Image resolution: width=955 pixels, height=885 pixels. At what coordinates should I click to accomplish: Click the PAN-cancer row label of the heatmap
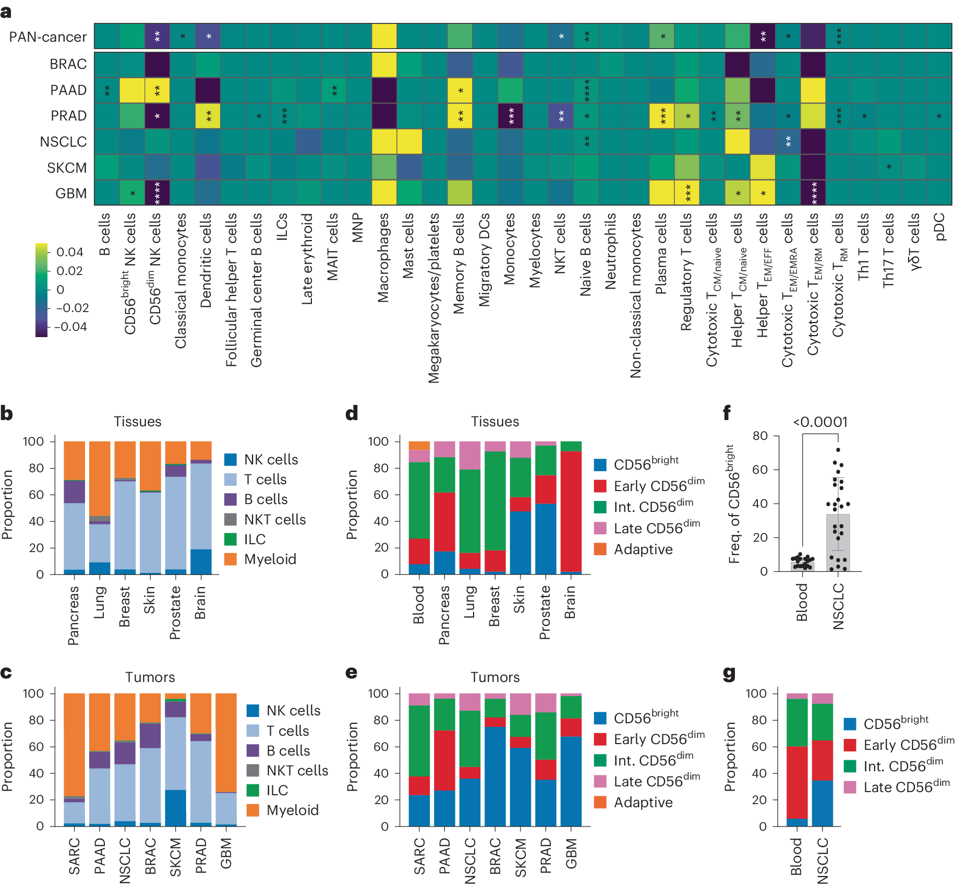[x=47, y=37]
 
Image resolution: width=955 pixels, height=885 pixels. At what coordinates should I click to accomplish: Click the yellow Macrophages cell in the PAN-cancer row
[x=384, y=37]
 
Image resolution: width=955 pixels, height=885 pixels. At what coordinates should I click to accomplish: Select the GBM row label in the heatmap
[x=71, y=194]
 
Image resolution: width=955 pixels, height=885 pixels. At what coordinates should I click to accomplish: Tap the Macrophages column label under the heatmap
[x=384, y=258]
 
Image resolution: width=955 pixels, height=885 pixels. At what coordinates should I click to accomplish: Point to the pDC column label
[x=940, y=226]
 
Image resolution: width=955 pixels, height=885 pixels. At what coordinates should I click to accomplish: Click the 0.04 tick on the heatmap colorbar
[x=70, y=252]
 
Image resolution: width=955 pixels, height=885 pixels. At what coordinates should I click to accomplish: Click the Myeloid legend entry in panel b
[x=270, y=559]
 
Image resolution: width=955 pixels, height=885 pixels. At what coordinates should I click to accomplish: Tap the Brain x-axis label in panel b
[x=200, y=602]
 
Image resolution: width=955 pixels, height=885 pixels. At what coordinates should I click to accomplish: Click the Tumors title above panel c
[x=150, y=677]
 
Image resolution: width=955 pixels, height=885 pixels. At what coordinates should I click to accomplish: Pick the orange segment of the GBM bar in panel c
[x=226, y=741]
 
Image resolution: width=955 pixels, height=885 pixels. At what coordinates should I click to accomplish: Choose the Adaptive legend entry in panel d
[x=643, y=549]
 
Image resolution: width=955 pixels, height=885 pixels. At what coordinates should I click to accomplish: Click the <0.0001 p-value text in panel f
[x=820, y=422]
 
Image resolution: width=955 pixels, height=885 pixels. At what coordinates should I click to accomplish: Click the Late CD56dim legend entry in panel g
[x=906, y=787]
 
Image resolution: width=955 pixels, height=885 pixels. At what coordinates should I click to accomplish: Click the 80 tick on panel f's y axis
[x=760, y=436]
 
